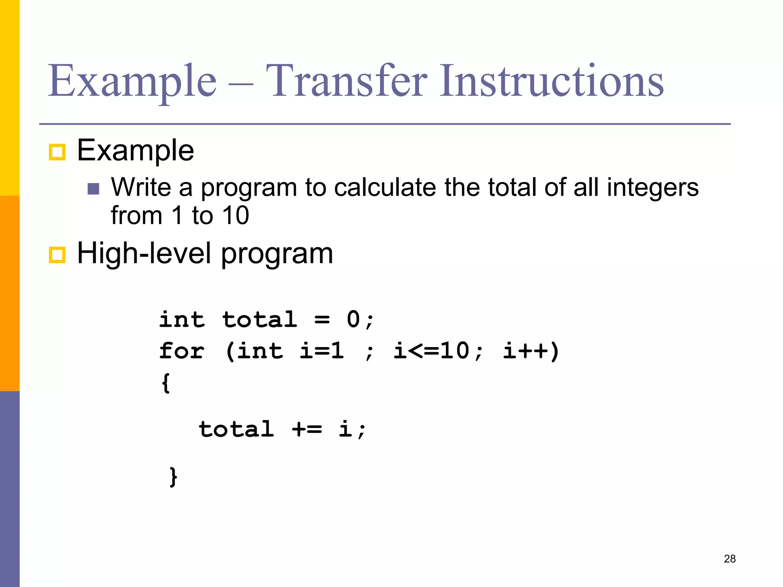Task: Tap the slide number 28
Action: [729, 559]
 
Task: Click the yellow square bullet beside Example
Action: [57, 152]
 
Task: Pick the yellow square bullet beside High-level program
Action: [57, 255]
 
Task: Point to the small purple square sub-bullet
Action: [93, 189]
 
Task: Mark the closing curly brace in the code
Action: [173, 476]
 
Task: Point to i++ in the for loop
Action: [526, 350]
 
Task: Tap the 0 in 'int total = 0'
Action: [353, 319]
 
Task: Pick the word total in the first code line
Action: [260, 319]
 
